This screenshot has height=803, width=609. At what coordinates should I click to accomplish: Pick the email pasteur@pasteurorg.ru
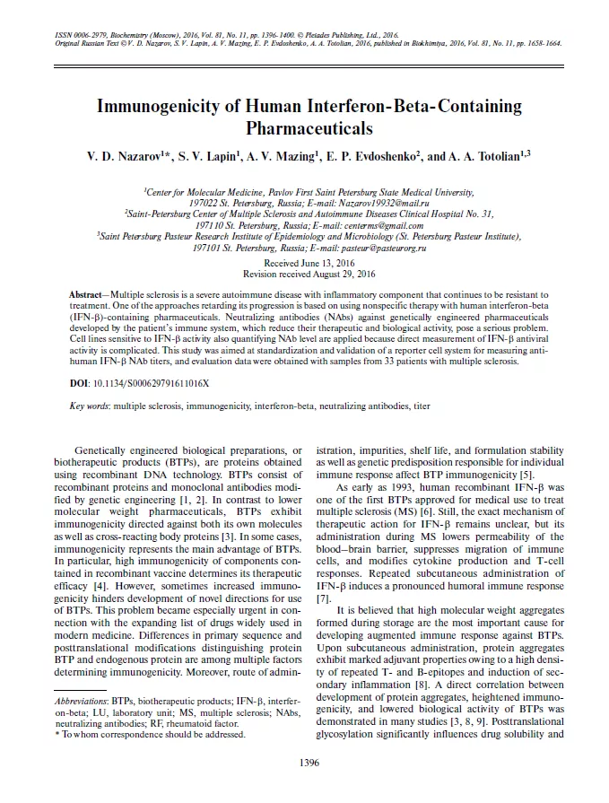click(378, 247)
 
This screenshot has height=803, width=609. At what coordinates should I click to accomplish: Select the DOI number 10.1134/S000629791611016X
click(150, 383)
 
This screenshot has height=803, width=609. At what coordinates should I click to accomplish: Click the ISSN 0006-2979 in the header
click(68, 34)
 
